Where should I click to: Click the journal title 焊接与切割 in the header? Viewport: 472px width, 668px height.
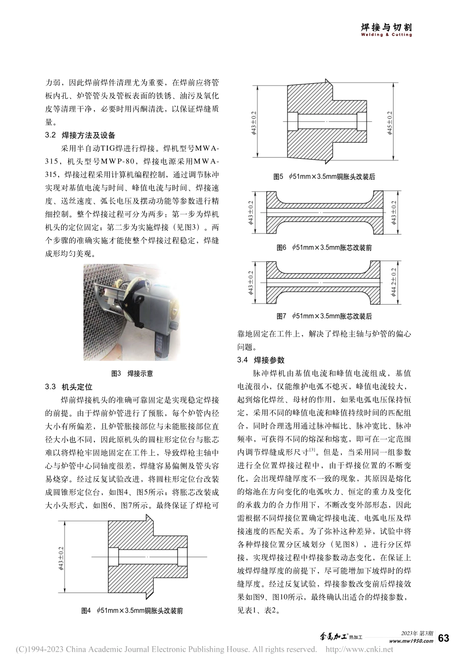coord(386,27)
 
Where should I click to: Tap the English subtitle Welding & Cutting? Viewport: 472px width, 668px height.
coord(386,35)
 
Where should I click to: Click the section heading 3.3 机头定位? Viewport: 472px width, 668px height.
coord(69,387)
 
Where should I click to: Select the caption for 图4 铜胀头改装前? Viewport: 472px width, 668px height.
coord(132,611)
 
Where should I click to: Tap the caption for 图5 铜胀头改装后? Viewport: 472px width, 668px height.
coord(324,177)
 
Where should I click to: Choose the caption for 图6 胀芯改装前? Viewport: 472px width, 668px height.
coord(324,247)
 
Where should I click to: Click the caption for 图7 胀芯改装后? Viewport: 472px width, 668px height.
coord(324,316)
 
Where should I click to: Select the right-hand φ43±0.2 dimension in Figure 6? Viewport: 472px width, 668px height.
coord(393,212)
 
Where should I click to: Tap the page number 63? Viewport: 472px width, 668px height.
coord(444,638)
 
